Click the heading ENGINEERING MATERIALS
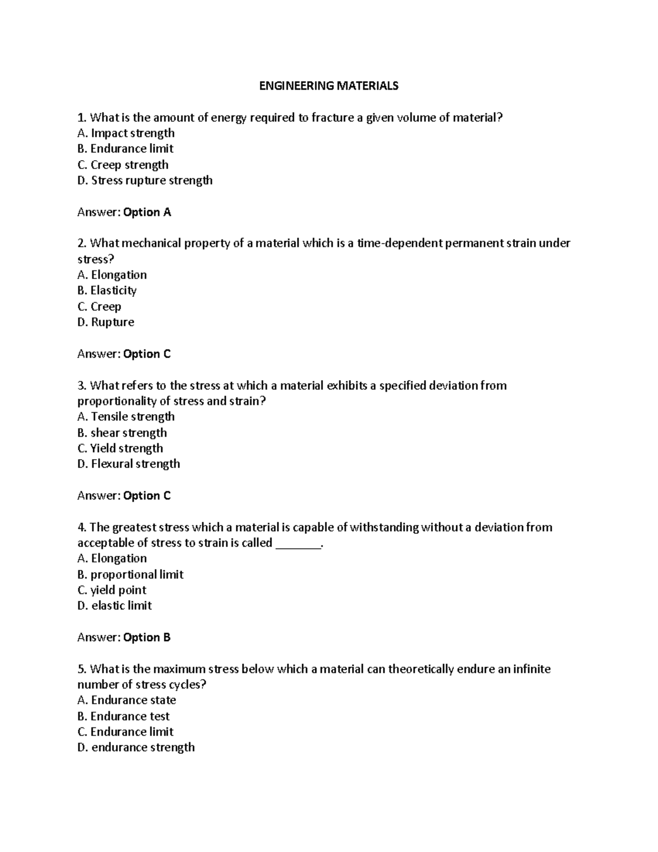(x=328, y=86)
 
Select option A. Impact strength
(x=126, y=133)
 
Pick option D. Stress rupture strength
(x=145, y=180)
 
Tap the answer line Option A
(x=124, y=212)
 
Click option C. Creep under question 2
(x=99, y=307)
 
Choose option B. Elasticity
(x=107, y=291)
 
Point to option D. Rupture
(x=106, y=322)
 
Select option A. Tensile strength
(x=126, y=417)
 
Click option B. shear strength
(x=122, y=433)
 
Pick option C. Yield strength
(x=121, y=448)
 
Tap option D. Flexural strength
(x=129, y=464)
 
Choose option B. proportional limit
(x=131, y=574)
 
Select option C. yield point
(x=112, y=590)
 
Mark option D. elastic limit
(x=115, y=606)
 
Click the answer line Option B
(x=124, y=637)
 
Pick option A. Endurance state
(x=127, y=701)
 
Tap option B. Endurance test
(x=123, y=716)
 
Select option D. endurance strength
(x=136, y=747)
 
